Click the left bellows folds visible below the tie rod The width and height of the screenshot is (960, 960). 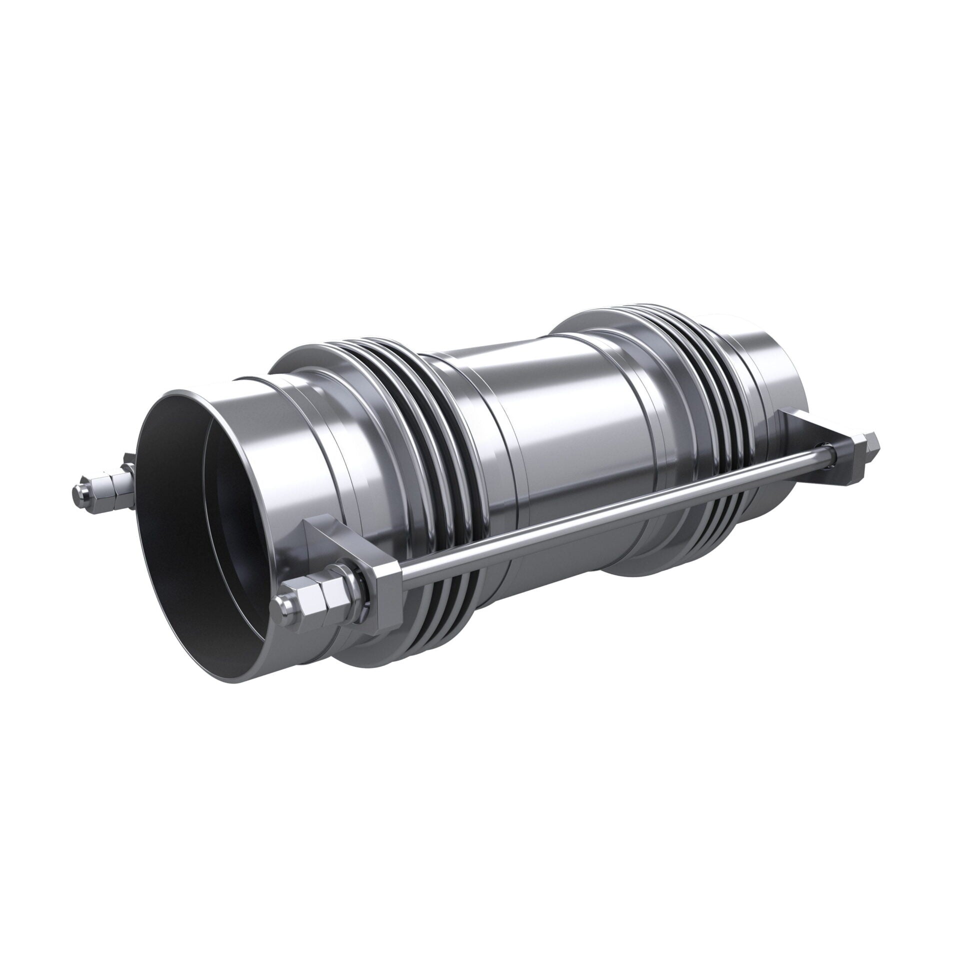[x=450, y=600]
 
